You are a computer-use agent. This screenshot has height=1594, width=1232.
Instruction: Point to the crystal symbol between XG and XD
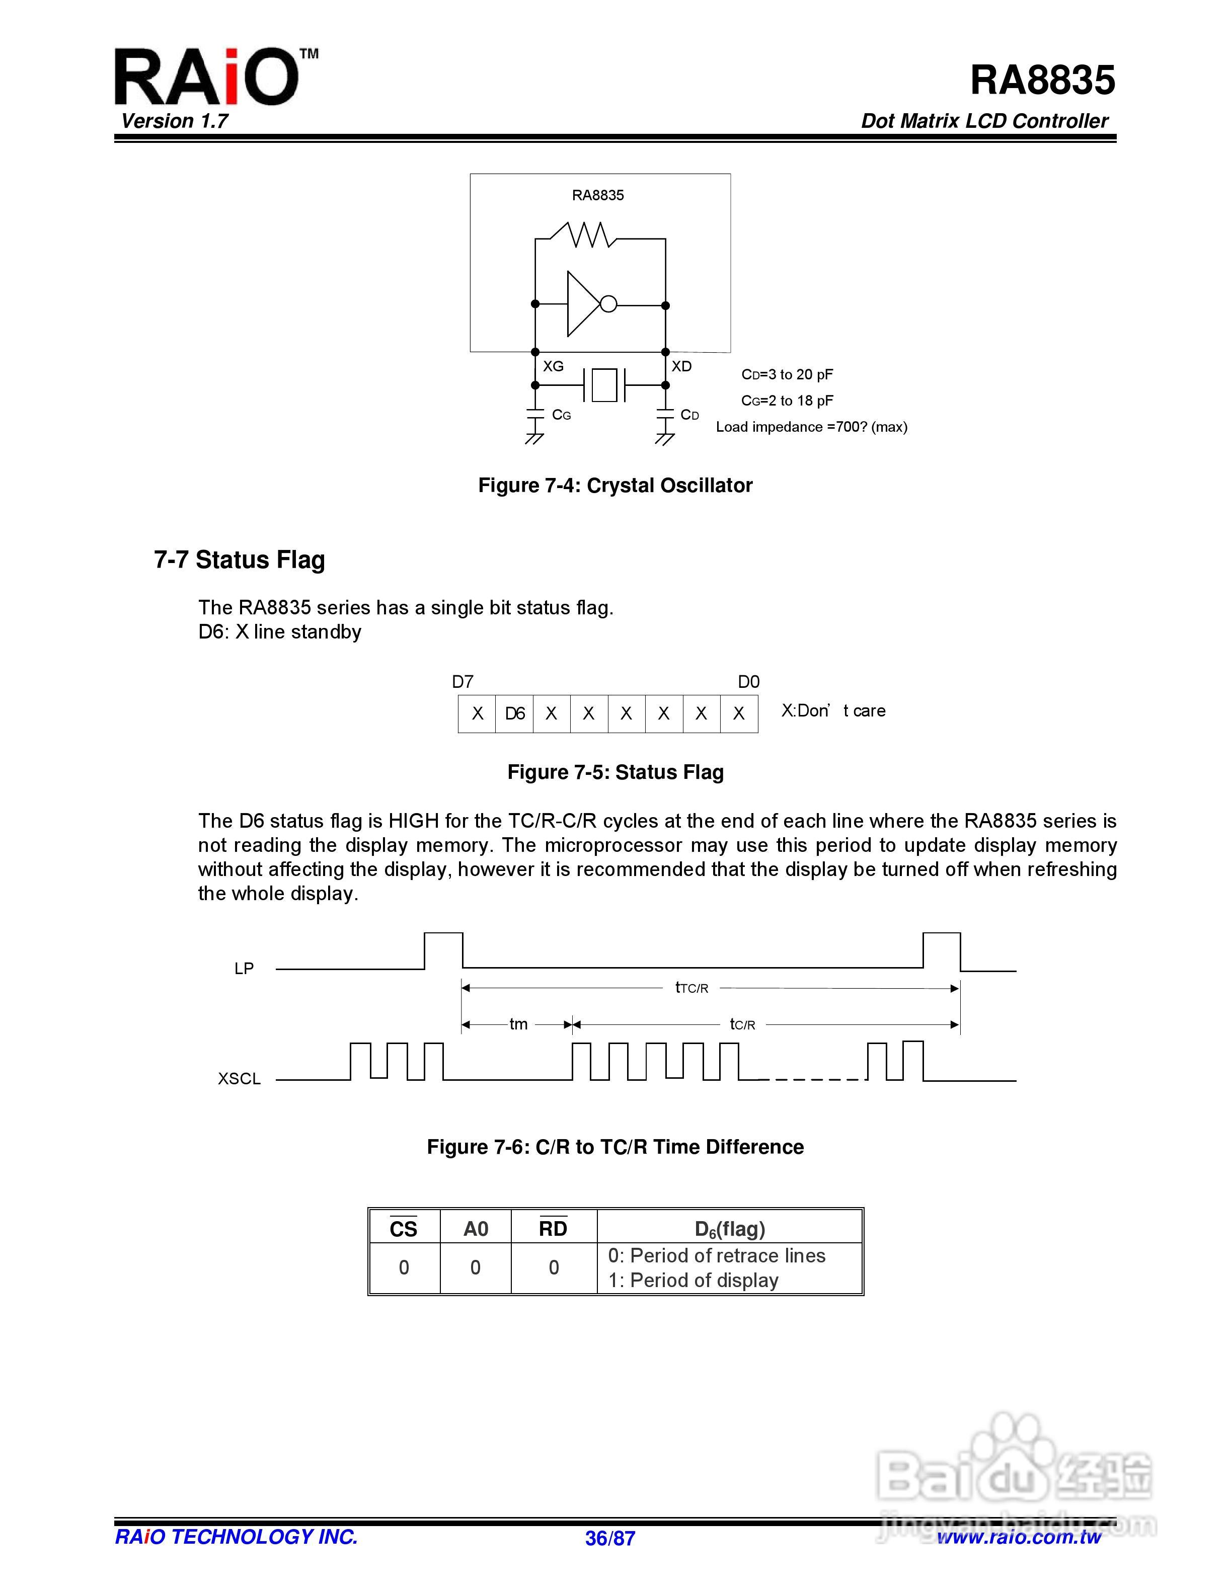pos(604,384)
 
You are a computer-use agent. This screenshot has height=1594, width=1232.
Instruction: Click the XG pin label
pos(553,366)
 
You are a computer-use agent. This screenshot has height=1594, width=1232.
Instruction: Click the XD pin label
pos(681,366)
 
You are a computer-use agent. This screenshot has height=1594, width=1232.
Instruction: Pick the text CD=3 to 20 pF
pos(787,374)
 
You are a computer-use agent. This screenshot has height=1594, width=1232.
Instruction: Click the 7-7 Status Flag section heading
pos(240,560)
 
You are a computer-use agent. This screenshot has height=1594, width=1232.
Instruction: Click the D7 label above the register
pos(463,682)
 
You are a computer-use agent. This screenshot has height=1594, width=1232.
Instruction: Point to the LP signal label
pos(244,969)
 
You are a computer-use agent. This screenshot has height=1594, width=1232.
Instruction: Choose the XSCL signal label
pos(240,1079)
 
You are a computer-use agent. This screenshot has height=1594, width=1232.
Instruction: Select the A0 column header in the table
pos(475,1229)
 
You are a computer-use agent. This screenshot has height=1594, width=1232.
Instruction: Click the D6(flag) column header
pos(730,1229)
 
